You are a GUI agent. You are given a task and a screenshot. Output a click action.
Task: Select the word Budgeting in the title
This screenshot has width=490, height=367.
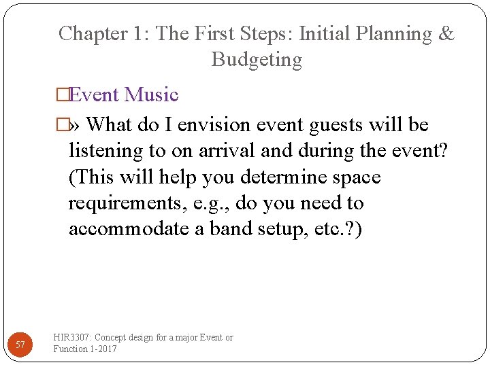(x=257, y=60)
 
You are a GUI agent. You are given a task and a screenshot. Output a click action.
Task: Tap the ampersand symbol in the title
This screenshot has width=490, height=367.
(x=446, y=34)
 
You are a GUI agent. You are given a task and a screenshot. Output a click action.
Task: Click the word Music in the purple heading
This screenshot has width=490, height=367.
(x=152, y=94)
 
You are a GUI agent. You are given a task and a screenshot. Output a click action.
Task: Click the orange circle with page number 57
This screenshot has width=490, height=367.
(x=20, y=345)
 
